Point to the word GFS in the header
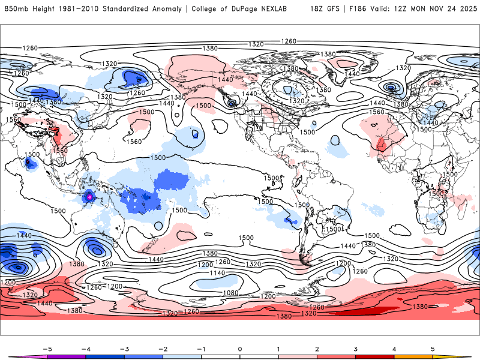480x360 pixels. point(338,9)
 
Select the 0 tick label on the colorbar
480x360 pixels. point(240,348)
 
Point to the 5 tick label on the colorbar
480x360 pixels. point(433,348)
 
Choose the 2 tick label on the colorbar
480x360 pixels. point(317,348)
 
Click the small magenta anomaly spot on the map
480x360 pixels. point(89,196)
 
